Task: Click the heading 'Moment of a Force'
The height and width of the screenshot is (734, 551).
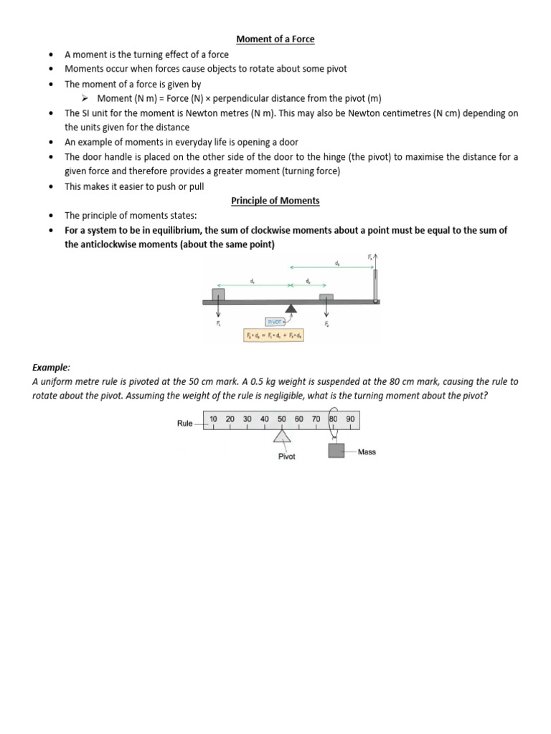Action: coord(275,39)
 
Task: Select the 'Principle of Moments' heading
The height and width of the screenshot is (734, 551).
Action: coord(275,201)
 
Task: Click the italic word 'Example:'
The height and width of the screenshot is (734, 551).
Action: coord(51,367)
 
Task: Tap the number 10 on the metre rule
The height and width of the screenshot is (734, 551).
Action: coord(213,418)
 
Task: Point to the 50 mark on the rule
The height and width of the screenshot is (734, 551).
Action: coord(281,418)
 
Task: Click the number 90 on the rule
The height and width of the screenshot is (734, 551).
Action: coord(350,418)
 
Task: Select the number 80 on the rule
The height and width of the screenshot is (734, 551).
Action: coord(334,418)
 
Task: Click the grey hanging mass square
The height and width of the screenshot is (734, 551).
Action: coord(336,450)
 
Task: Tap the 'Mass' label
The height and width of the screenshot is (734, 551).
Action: coord(367,452)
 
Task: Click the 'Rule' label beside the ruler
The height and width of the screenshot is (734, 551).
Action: coord(185,424)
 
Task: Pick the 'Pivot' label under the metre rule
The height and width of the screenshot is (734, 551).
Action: coord(287,456)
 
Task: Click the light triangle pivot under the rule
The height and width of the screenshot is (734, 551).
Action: coord(282,437)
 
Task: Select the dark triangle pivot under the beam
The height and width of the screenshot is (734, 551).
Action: coord(291,310)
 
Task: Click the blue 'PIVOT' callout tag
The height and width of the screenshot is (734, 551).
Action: coord(275,322)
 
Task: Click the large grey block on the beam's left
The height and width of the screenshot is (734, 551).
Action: coord(217,293)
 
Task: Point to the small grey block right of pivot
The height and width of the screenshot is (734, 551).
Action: coord(326,297)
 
